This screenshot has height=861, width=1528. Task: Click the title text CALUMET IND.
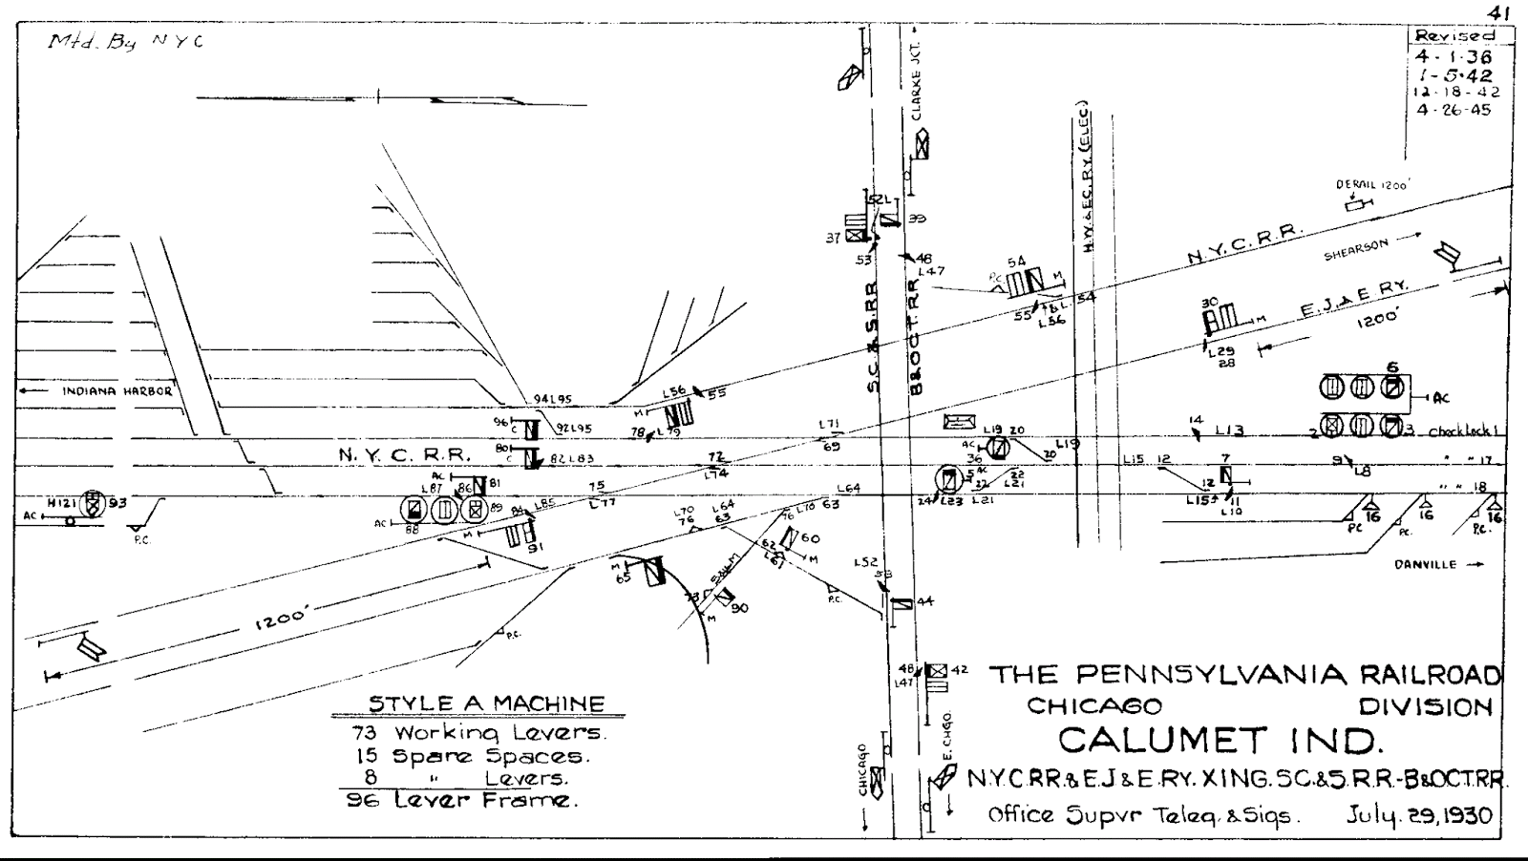[x=1219, y=740]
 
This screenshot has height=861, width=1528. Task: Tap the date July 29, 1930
[x=1418, y=816]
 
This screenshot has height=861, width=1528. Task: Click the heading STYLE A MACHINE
[x=487, y=704]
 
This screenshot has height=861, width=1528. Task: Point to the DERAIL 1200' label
[x=1373, y=185]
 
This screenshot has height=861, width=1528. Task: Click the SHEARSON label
[x=1354, y=250]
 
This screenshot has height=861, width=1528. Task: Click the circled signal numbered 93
[x=93, y=502]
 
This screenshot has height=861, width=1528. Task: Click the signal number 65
[x=623, y=578]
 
